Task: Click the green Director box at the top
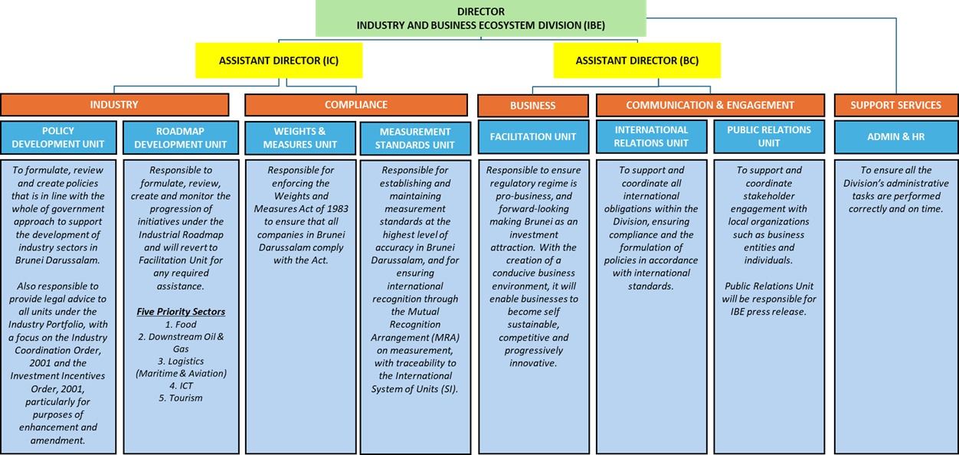480,18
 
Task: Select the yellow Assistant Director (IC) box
278,61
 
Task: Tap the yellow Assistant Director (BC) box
637,61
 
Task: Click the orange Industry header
114,104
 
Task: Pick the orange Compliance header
355,104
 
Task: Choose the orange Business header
532,105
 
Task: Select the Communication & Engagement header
709,105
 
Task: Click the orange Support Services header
895,105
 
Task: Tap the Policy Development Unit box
58,137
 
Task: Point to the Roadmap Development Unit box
180,137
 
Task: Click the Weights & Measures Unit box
299,137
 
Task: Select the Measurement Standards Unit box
414,138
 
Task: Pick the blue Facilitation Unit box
532,136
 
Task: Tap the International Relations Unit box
651,136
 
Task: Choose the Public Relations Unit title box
768,136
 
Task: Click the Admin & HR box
895,136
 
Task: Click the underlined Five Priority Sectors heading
180,312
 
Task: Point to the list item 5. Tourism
180,398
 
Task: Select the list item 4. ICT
180,385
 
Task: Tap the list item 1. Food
180,324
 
